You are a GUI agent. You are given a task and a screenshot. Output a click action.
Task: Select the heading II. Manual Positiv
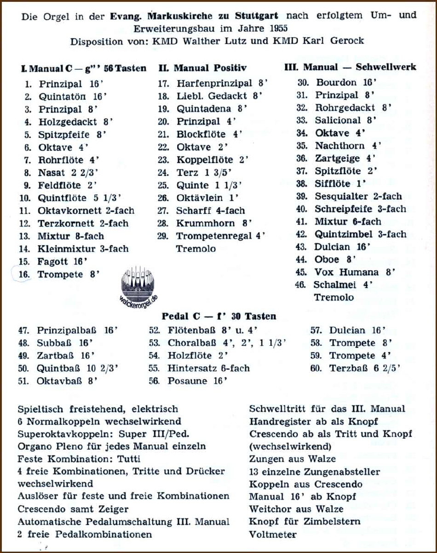click(202, 68)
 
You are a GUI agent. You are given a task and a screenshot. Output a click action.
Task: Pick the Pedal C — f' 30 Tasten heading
click(218, 316)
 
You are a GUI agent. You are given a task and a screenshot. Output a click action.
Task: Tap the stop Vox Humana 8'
click(355, 272)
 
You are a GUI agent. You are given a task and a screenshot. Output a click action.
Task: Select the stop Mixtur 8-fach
click(71, 236)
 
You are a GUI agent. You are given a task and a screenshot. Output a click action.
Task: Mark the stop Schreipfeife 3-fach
click(360, 209)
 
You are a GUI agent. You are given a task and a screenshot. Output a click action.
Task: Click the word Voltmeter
click(273, 534)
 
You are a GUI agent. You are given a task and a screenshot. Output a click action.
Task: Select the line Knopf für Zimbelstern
click(305, 522)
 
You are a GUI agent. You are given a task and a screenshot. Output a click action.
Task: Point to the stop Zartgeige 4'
click(345, 158)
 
